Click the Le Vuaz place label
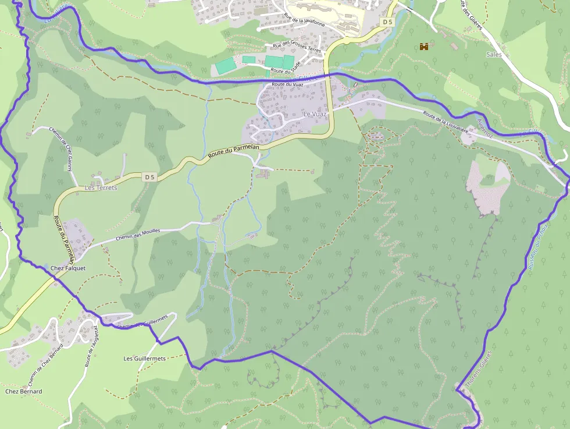(315, 115)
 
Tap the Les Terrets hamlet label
(101, 188)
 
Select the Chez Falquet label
(68, 268)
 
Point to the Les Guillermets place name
(145, 359)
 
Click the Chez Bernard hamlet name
(23, 392)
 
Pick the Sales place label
(493, 54)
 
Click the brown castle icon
(424, 47)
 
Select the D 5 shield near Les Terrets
(150, 176)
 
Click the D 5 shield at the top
(388, 22)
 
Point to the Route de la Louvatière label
(446, 122)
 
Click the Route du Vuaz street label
(288, 85)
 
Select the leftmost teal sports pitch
(224, 66)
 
